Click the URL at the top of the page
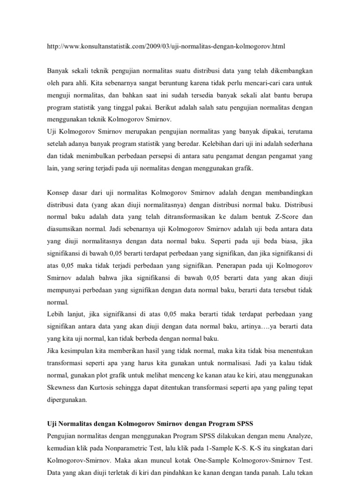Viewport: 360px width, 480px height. point(166,46)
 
